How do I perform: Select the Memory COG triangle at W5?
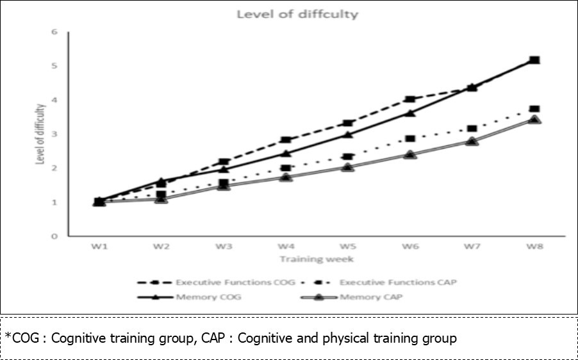[347, 135]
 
